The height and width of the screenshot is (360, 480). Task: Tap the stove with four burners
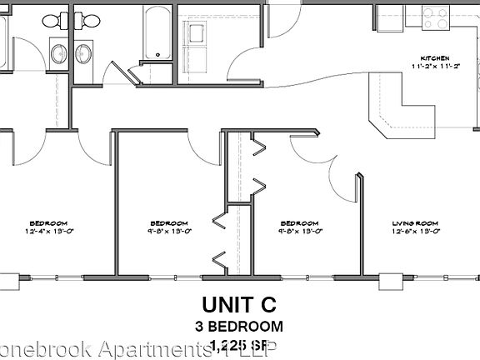point(434,16)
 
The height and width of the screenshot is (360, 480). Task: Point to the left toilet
point(52,21)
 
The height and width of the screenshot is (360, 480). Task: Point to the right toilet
point(86,21)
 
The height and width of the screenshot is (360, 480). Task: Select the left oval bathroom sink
point(59,54)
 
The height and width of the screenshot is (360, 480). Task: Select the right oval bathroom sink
point(83,54)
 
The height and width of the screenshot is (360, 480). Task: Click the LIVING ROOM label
point(415,223)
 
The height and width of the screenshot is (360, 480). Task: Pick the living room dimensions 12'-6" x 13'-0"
point(415,231)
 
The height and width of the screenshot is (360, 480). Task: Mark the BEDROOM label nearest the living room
point(298,223)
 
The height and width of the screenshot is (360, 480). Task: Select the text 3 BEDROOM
point(241,326)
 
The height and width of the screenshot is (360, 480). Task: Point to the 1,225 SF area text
point(241,345)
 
